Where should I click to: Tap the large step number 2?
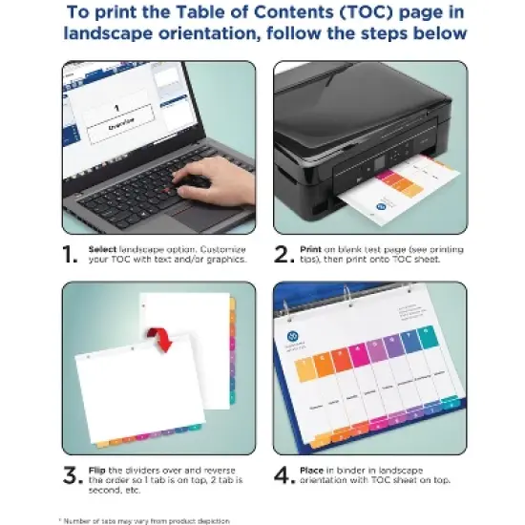[x=282, y=255]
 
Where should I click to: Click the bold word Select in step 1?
[x=103, y=246]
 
